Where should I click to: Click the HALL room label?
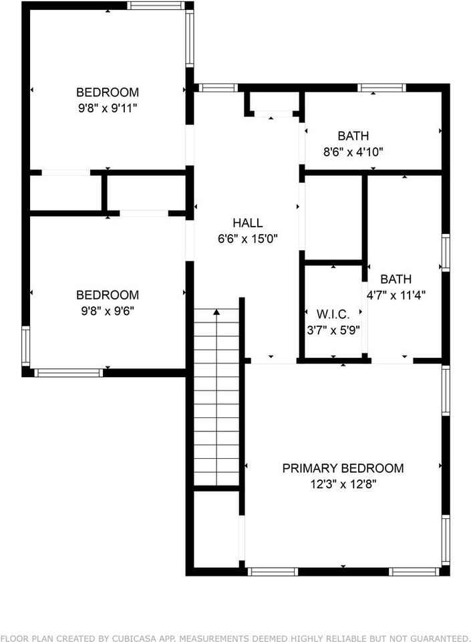pyautogui.click(x=247, y=223)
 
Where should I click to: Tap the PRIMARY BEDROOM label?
pyautogui.click(x=343, y=468)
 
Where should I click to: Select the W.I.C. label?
pyautogui.click(x=333, y=314)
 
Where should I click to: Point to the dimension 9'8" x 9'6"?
pyautogui.click(x=108, y=310)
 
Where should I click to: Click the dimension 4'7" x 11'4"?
pyautogui.click(x=396, y=294)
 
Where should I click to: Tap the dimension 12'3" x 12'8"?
pyautogui.click(x=343, y=484)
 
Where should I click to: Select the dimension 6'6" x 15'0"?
pyautogui.click(x=247, y=239)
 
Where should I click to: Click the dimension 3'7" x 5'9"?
pyautogui.click(x=333, y=330)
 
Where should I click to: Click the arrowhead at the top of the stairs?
pyautogui.click(x=216, y=312)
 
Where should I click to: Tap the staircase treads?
pyautogui.click(x=216, y=401)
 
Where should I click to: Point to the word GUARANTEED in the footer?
pyautogui.click(x=436, y=638)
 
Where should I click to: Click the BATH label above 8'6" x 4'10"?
pyautogui.click(x=353, y=136)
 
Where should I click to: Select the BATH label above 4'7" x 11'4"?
pyautogui.click(x=396, y=279)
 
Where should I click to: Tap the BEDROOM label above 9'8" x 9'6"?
pyautogui.click(x=108, y=295)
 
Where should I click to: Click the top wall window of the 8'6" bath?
pyautogui.click(x=381, y=87)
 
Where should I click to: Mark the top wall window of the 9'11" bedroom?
pyautogui.click(x=156, y=5)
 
